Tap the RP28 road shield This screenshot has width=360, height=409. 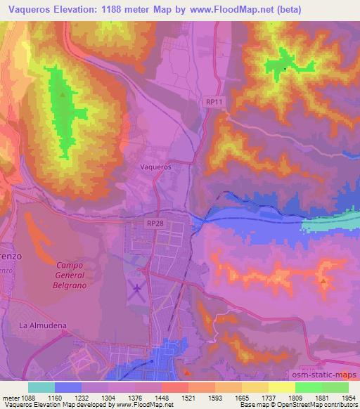pyautogui.click(x=157, y=222)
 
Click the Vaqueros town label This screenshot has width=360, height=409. pyautogui.click(x=156, y=168)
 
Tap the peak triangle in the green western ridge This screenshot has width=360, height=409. pyautogui.click(x=63, y=94)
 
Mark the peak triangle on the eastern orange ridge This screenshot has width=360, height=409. pyautogui.click(x=323, y=281)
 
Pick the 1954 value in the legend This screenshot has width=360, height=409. pyautogui.click(x=348, y=398)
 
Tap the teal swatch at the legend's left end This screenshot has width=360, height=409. pyautogui.click(x=41, y=387)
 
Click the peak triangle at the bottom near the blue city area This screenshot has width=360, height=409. pyautogui.click(x=186, y=372)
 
